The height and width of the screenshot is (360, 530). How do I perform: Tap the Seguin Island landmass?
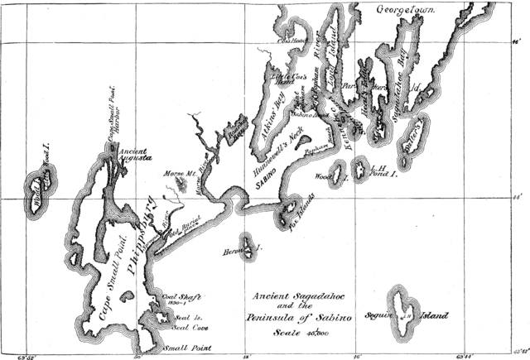pyautogui.click(x=406, y=314)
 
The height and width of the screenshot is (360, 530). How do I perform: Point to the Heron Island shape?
pyautogui.click(x=248, y=246)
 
